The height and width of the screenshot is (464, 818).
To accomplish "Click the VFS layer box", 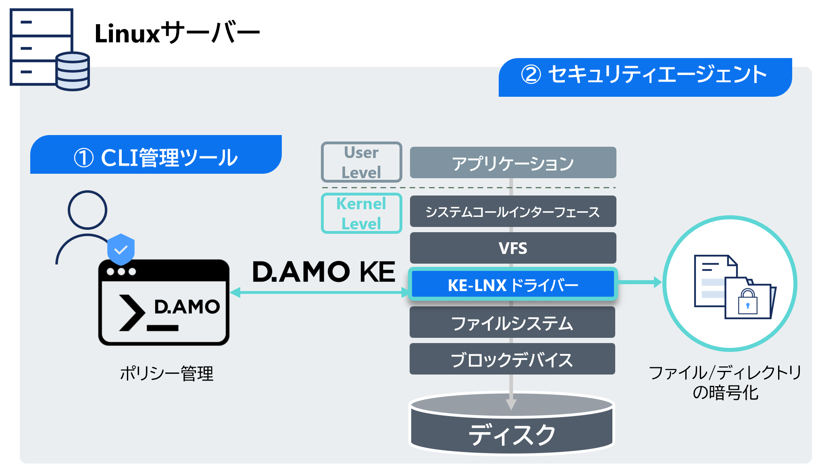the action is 513,248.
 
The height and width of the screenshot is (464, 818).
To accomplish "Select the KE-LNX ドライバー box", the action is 513,285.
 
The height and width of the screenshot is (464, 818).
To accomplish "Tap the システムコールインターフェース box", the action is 513,212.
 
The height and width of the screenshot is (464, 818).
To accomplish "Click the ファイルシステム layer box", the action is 512,323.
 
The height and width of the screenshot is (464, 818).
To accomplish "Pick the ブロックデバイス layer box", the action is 512,359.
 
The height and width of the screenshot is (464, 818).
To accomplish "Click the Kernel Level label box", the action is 361,214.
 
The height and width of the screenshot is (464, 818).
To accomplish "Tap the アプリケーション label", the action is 512,164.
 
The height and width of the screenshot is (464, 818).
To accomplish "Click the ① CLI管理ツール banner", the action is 156,157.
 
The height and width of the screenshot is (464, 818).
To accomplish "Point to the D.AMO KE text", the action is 323,272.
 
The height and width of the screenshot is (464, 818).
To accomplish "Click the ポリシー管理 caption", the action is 167,373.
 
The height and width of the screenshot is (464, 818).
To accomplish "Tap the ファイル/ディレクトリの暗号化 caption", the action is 725,382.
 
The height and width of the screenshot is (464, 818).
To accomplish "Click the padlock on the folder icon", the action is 747,302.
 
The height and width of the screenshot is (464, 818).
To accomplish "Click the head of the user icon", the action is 87,210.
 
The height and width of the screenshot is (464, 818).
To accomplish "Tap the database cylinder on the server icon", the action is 73,71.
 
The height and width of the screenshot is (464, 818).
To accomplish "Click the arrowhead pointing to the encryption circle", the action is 657,282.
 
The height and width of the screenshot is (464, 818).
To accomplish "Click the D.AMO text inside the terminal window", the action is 187,307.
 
